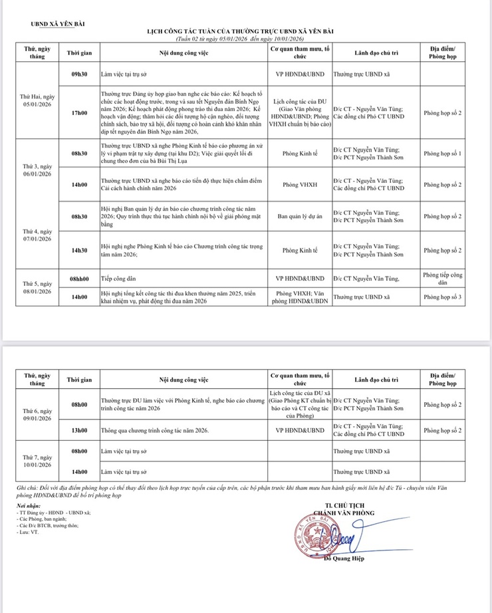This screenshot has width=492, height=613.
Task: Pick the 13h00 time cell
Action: point(79,430)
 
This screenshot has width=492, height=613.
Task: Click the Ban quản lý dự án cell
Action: point(299,216)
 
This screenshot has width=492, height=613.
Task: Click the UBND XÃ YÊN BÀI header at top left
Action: point(57,25)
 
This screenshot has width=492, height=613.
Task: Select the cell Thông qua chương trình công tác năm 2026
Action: point(156,430)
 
